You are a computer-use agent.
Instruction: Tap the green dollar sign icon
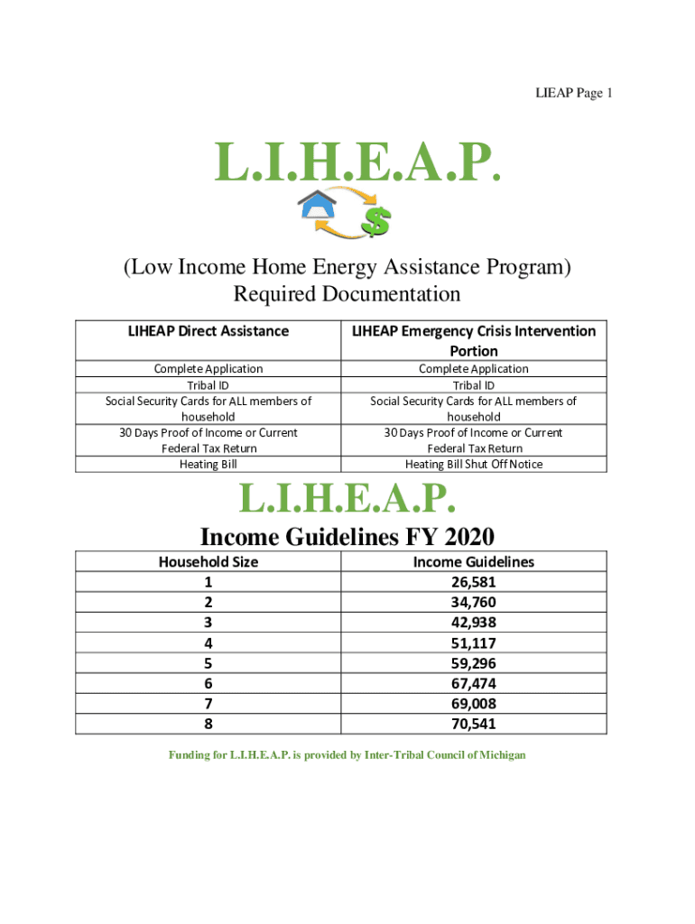tap(375, 218)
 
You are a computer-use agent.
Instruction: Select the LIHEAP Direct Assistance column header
tap(208, 331)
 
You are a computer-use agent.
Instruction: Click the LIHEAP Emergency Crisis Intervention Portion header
tap(474, 340)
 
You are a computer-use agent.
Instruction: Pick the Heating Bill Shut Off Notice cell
tap(474, 464)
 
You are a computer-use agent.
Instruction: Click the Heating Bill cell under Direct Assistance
tap(208, 464)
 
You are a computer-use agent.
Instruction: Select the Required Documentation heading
tap(347, 294)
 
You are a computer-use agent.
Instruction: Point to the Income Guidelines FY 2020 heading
tap(347, 537)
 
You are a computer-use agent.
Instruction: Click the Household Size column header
tap(208, 561)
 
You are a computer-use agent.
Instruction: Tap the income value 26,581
tap(474, 582)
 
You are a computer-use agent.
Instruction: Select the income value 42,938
tap(474, 623)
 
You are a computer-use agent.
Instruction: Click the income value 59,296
tap(474, 663)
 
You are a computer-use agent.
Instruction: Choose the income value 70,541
tap(474, 724)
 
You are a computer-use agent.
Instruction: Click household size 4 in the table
tap(208, 643)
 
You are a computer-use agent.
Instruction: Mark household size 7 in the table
tap(208, 704)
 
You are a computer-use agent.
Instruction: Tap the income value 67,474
tap(474, 683)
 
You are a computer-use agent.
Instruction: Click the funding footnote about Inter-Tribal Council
tap(347, 754)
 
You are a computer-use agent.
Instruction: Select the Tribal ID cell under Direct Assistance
tap(208, 384)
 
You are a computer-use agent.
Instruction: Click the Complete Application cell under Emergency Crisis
tap(474, 368)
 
